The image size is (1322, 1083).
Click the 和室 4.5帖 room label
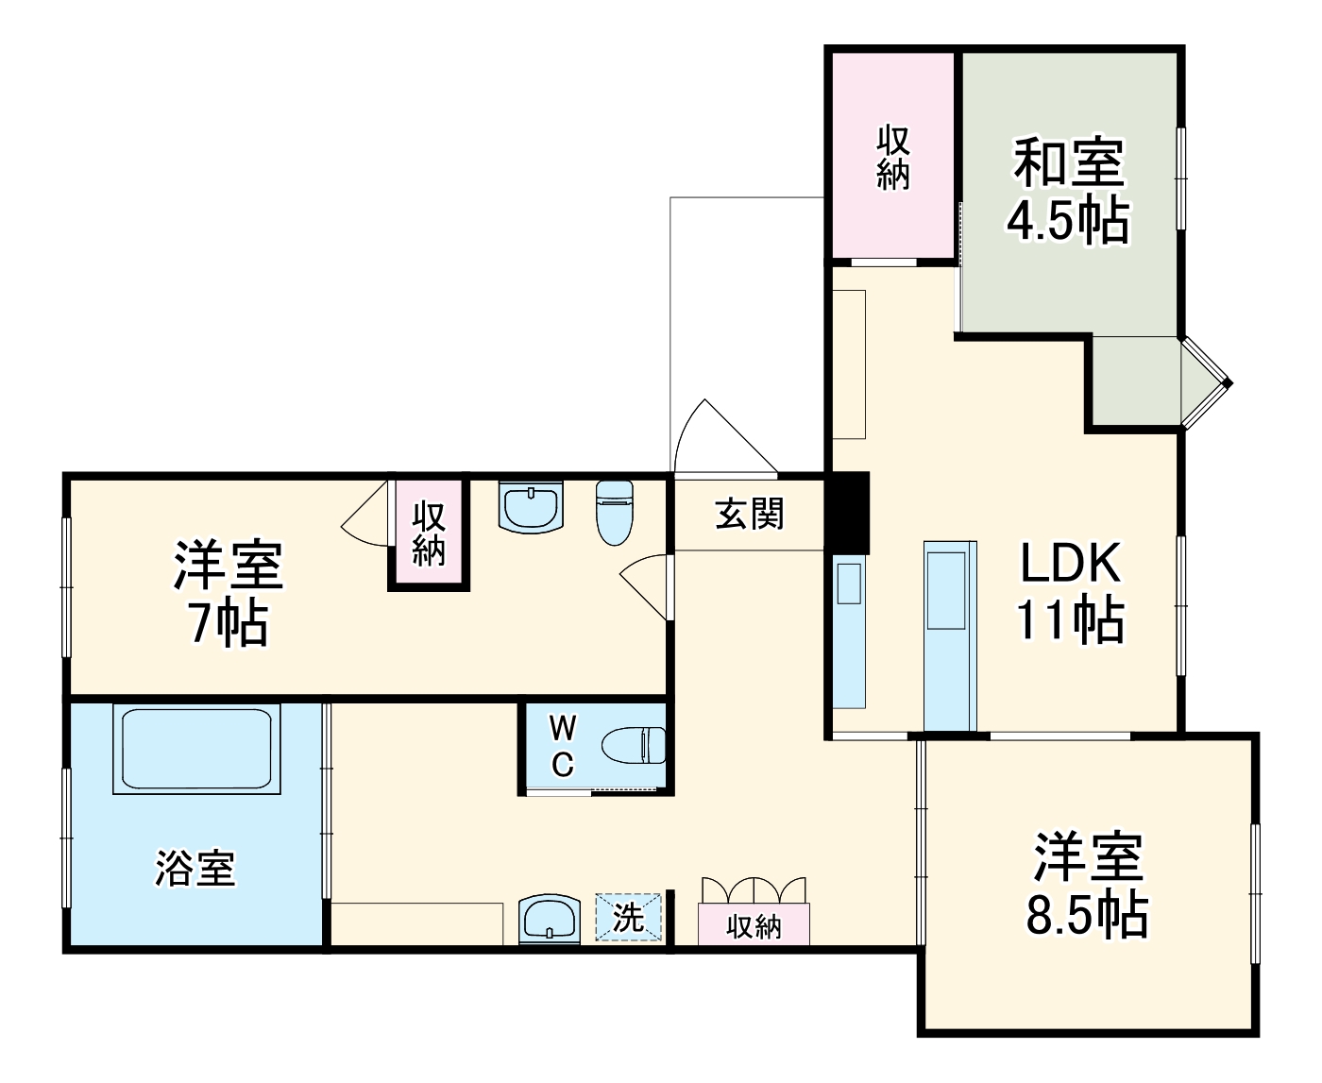(x=1068, y=192)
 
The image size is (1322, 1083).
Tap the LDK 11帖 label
(x=1070, y=592)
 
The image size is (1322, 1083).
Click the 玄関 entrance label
(x=749, y=514)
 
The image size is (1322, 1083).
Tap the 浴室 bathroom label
(x=195, y=869)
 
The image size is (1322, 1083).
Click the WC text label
(x=562, y=745)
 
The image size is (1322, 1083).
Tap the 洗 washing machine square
(x=628, y=918)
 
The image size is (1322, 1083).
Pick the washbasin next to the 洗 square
(x=548, y=919)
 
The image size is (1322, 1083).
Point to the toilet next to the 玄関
(x=614, y=512)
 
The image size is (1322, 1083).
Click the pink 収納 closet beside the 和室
(x=892, y=156)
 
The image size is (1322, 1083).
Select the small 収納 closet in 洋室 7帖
(x=429, y=533)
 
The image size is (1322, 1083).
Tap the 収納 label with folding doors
(x=754, y=925)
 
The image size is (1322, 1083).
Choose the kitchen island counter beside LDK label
(x=949, y=635)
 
